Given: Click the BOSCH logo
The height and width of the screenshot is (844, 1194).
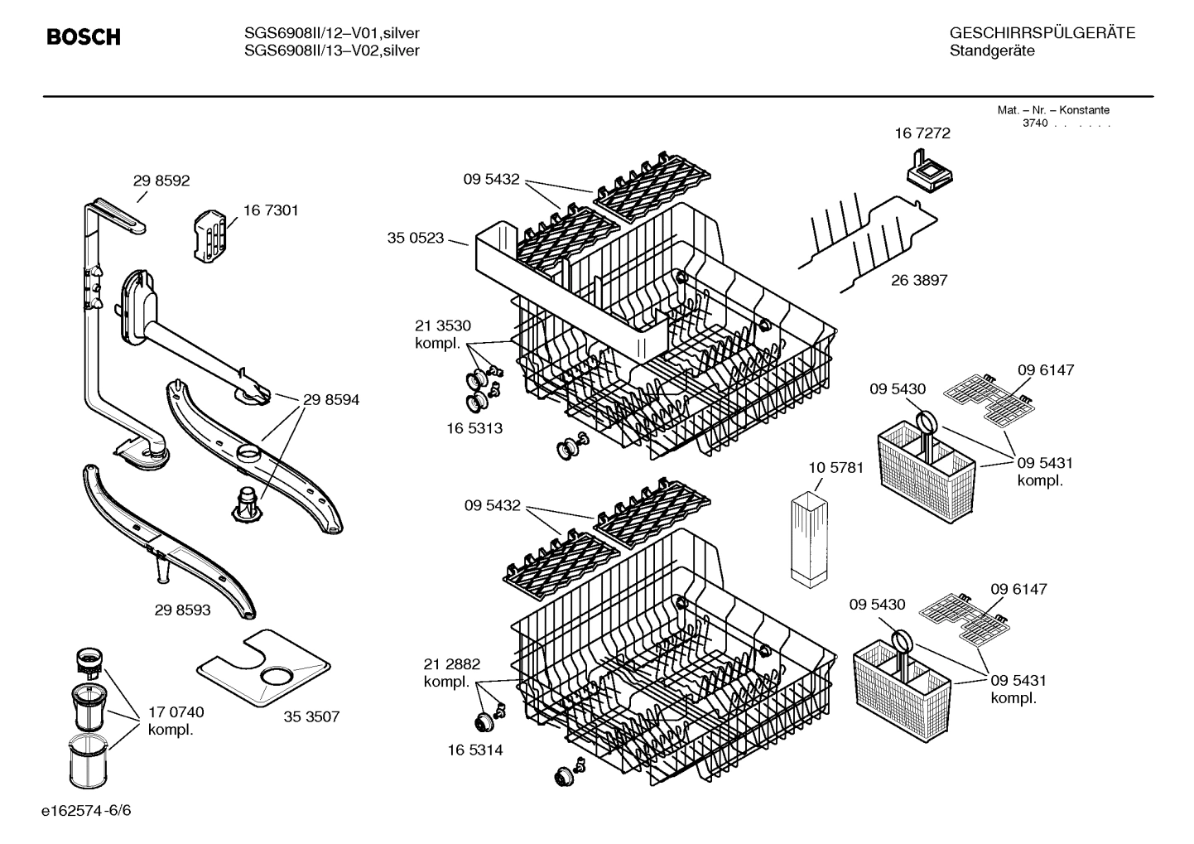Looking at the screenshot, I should (x=84, y=37).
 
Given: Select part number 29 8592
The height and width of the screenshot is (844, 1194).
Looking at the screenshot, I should (x=161, y=181).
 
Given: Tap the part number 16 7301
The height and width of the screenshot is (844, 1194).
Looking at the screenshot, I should (x=271, y=210).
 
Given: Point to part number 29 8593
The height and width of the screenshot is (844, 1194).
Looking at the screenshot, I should (x=182, y=610).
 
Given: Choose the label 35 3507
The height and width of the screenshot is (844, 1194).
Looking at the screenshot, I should (x=311, y=717).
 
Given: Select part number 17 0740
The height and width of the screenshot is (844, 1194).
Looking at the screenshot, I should (x=176, y=712).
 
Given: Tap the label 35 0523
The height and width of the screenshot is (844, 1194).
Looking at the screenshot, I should (x=415, y=239).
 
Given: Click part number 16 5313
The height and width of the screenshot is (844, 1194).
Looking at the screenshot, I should (x=474, y=429).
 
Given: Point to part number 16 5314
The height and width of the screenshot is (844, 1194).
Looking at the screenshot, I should (x=474, y=750).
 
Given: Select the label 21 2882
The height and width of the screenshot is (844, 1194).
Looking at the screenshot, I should (x=451, y=664).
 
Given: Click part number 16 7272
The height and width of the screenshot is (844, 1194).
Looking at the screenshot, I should (x=922, y=133).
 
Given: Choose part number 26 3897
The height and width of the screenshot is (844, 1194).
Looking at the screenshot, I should (x=919, y=281).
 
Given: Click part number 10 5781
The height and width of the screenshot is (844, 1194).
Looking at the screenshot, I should (x=835, y=468).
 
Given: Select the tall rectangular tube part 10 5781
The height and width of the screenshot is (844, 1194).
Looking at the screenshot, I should (x=809, y=541).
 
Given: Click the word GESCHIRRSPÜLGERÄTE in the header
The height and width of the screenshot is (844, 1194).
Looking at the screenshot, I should (x=1042, y=33).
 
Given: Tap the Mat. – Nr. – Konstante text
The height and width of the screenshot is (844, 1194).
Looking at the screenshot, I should (x=1052, y=110).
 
